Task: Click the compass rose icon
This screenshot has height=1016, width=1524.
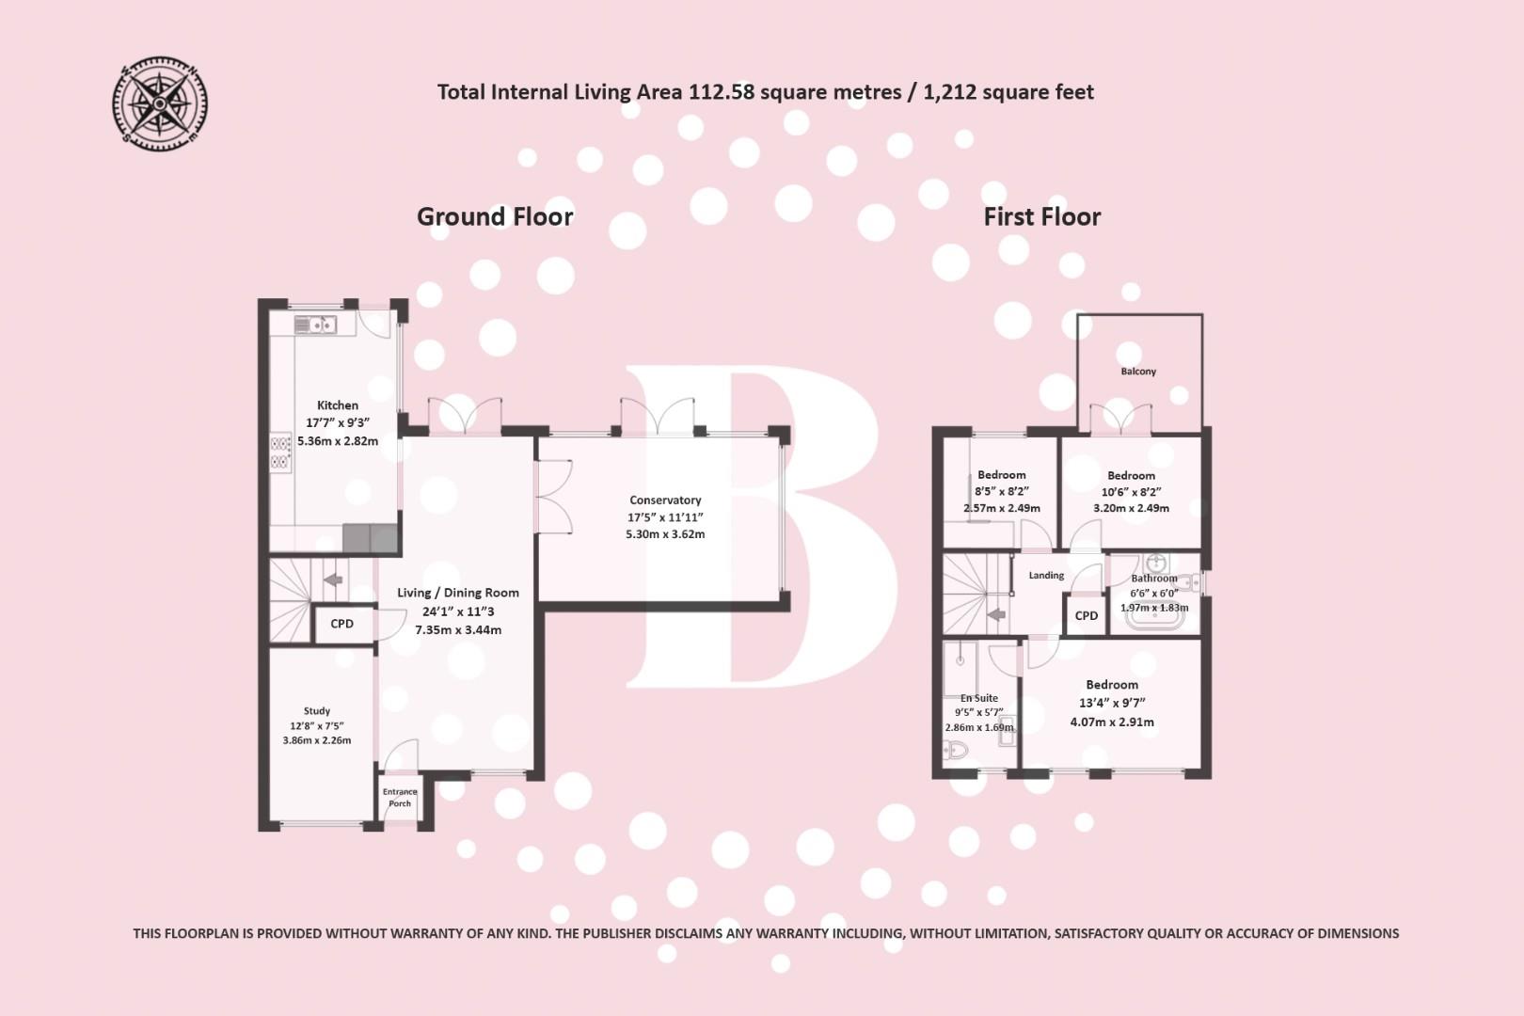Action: (159, 103)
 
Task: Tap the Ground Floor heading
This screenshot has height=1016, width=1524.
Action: (495, 216)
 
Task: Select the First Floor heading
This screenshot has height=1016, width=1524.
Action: (1041, 216)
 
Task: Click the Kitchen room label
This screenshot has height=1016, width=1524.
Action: (337, 405)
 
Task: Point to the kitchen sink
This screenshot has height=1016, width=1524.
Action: (315, 325)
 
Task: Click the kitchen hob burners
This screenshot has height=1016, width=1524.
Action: (280, 452)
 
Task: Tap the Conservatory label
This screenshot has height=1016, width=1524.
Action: (665, 500)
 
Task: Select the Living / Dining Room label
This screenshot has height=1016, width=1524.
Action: (457, 593)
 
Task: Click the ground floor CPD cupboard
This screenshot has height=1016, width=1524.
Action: (342, 624)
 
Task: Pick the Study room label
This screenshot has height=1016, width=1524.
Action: (317, 711)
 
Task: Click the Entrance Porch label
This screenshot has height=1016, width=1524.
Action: (400, 798)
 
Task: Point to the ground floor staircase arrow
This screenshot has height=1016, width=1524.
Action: (332, 579)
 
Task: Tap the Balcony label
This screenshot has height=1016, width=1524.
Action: (1138, 372)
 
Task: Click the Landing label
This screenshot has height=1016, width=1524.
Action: (1046, 576)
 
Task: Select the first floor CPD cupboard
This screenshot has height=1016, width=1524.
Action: (1087, 616)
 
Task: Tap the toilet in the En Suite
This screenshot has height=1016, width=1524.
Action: (955, 750)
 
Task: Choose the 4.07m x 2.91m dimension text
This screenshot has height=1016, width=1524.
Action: (1112, 722)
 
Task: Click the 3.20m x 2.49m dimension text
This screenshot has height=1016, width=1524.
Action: (1131, 508)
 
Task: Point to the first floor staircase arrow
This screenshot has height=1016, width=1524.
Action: (996, 615)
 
